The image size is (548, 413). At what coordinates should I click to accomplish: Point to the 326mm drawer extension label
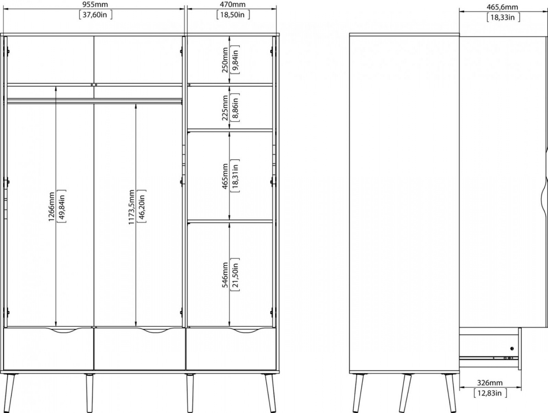pyautogui.click(x=490, y=383)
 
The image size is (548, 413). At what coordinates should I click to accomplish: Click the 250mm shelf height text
pyautogui.click(x=225, y=60)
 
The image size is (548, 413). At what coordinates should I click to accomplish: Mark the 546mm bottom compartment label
pyautogui.click(x=225, y=275)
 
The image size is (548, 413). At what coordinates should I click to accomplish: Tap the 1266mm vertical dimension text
pyautogui.click(x=51, y=207)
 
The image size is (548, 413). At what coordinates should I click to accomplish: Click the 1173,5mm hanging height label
pyautogui.click(x=132, y=207)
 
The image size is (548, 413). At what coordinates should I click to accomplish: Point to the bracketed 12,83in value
pyautogui.click(x=490, y=393)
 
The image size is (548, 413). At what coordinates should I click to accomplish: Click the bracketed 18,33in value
pyautogui.click(x=503, y=17)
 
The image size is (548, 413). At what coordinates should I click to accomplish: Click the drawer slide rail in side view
pyautogui.click(x=489, y=357)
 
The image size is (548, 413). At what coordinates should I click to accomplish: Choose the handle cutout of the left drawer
pyautogui.click(x=61, y=330)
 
